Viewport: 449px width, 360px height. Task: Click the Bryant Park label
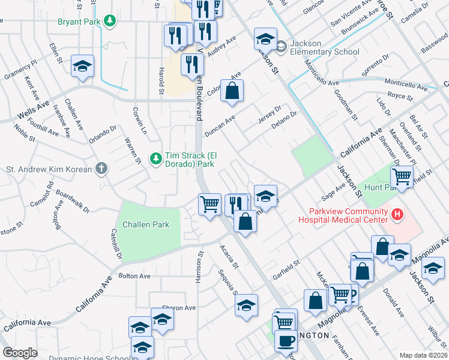pos(79,22)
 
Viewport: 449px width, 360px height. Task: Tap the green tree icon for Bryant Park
pos(110,22)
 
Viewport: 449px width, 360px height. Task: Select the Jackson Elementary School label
pos(324,47)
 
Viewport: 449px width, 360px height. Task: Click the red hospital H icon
pos(396,214)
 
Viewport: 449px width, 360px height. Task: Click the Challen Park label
pos(145,225)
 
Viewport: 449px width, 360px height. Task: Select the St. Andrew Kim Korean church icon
pos(101,169)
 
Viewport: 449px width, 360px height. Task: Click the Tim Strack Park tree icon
pos(156,158)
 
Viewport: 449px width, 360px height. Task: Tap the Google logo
pos(20,353)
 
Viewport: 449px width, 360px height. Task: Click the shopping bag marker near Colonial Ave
pos(232,91)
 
